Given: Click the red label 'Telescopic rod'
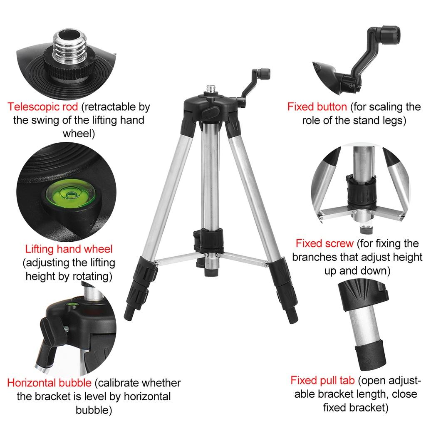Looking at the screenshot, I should coord(42,107).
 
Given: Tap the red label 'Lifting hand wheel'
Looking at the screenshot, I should coord(69,249).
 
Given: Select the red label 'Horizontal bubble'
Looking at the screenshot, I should coord(49,383).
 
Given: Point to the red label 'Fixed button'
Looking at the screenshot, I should coord(317,107).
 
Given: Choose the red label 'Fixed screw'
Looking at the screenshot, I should coord(324,243).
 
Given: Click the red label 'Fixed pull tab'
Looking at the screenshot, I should coord(322,380).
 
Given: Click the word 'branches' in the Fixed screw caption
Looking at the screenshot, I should coord(312,257).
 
